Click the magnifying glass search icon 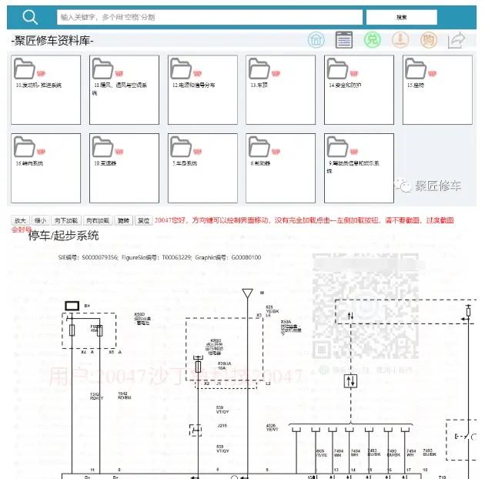point(30,17)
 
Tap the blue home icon point(316,40)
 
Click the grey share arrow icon point(457,40)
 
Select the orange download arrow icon point(400,40)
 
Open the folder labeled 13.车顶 point(281,90)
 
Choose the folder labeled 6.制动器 point(281,168)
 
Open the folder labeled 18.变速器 point(124,168)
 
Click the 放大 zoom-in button point(20,220)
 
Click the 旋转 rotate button point(124,220)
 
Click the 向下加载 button point(67,220)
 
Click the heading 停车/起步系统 point(63,236)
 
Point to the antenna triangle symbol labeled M point(247,293)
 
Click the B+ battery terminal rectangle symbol point(72,306)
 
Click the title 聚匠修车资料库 point(52,41)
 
